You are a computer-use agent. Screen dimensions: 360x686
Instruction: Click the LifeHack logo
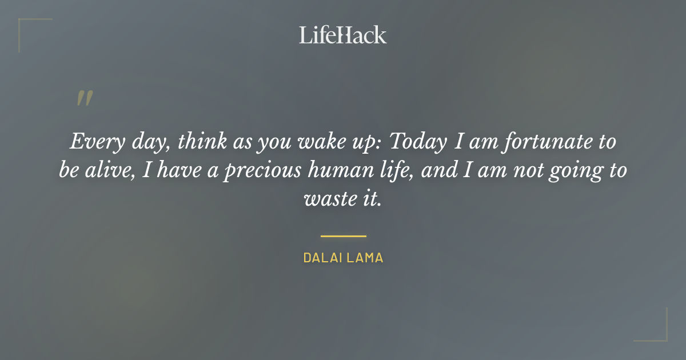tap(342, 35)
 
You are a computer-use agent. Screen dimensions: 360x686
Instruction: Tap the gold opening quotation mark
tap(84, 99)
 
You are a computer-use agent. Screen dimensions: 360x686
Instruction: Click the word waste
tap(325, 199)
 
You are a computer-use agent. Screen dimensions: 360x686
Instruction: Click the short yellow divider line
tap(343, 235)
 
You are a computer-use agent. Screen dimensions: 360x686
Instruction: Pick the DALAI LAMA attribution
tap(343, 258)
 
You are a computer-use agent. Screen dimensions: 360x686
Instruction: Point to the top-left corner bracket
tap(23, 23)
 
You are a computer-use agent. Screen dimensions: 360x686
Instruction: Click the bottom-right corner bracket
tap(663, 337)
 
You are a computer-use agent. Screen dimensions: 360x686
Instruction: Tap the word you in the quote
tap(273, 142)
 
